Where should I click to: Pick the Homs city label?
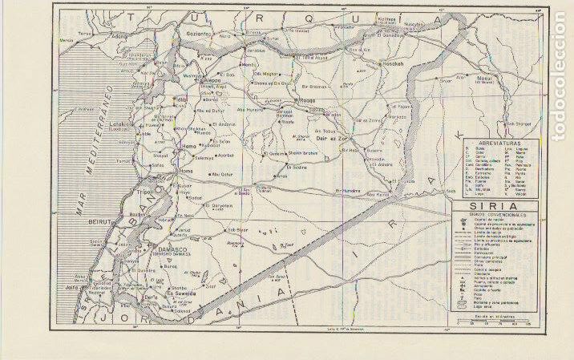point(186,172)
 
